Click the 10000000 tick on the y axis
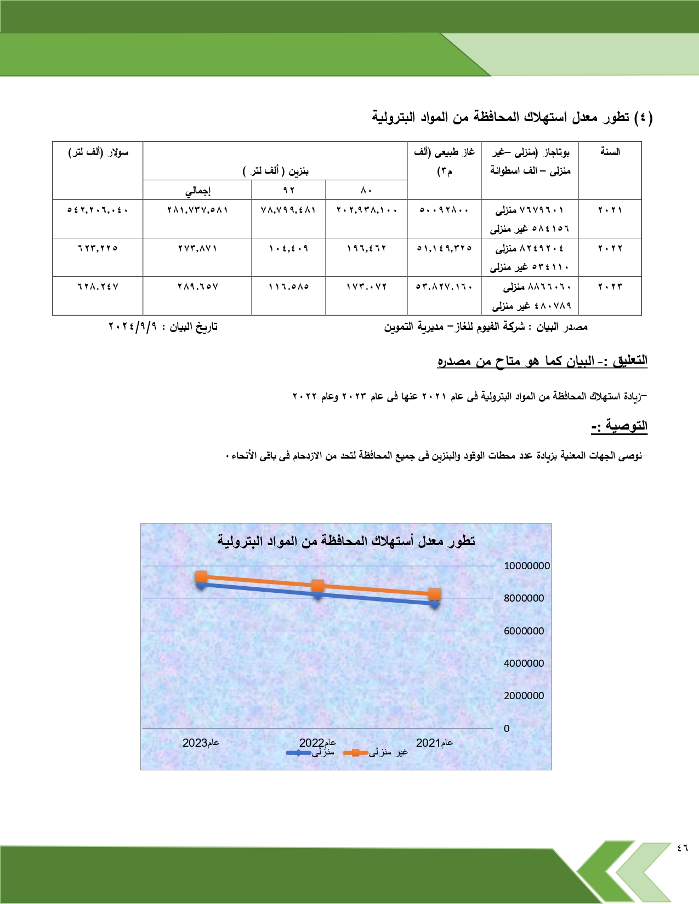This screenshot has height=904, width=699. [526, 566]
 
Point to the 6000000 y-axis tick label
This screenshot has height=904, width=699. [524, 631]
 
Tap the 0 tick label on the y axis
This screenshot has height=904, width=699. [507, 729]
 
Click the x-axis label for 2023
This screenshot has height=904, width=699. [201, 743]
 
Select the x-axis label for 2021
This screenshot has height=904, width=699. [434, 743]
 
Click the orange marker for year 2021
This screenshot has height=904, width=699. [434, 594]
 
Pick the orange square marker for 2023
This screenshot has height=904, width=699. [201, 576]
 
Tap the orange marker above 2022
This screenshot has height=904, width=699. [318, 586]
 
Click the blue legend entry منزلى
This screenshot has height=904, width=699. [310, 753]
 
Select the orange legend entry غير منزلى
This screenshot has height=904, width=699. [376, 753]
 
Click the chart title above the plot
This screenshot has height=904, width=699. [346, 541]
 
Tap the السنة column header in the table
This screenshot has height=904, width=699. [610, 152]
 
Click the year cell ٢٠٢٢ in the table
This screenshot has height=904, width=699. [610, 248]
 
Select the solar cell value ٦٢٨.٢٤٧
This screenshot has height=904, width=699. [98, 287]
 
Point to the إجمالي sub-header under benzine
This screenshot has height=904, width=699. [197, 191]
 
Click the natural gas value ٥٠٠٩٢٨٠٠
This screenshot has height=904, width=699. [444, 210]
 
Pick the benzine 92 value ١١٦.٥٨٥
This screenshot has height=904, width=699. [288, 287]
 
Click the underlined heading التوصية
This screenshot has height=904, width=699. [620, 426]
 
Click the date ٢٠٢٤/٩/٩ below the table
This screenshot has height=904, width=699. [133, 327]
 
